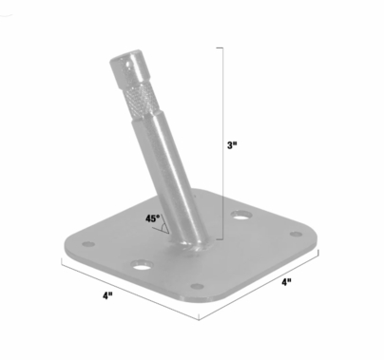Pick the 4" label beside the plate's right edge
[x=285, y=283]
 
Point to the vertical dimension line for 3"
[x=223, y=142]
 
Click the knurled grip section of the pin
[x=134, y=101]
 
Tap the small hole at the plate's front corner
[x=196, y=288]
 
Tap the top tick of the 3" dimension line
[x=223, y=47]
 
